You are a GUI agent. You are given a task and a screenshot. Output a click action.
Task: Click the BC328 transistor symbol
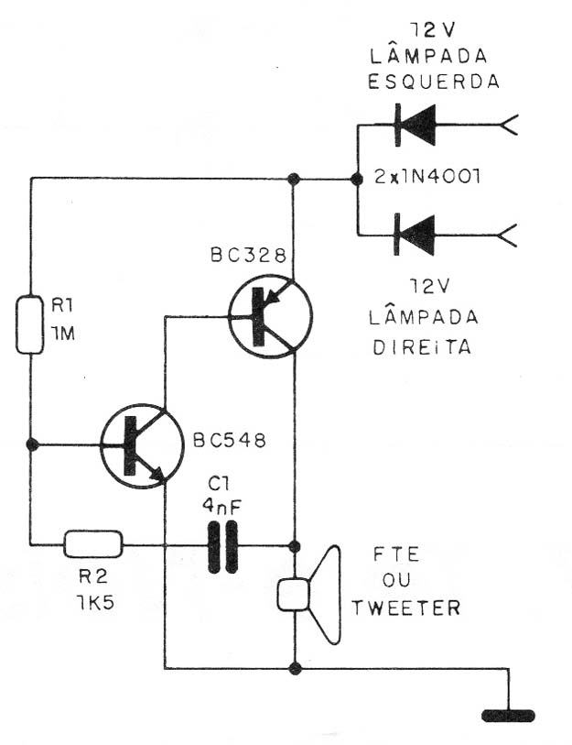[x=270, y=316]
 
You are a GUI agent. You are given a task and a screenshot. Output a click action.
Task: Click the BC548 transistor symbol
[x=142, y=445]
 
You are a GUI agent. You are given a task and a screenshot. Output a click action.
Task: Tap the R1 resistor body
[x=30, y=324]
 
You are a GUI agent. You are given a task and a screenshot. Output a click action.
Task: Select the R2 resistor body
[x=93, y=544]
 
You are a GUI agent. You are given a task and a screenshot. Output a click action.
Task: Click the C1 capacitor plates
[x=222, y=546]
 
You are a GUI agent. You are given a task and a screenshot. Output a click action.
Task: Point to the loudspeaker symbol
[x=309, y=595]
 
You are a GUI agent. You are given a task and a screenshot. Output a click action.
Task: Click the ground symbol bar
[x=508, y=716]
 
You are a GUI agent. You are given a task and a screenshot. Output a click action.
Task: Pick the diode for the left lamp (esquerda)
[x=415, y=125]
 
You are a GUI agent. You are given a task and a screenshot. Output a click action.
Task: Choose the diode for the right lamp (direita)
[x=415, y=235]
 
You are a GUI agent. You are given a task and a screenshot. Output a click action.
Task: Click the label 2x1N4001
[x=427, y=177]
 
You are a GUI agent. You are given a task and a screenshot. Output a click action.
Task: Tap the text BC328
[x=248, y=256]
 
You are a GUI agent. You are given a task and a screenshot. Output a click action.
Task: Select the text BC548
[x=230, y=441]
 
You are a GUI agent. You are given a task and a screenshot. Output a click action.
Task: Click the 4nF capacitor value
[x=221, y=506]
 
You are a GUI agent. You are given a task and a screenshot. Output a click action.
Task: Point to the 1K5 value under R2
[x=95, y=603]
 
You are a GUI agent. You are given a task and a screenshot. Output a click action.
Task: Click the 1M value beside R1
[x=63, y=334]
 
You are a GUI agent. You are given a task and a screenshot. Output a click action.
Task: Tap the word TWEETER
[x=405, y=608]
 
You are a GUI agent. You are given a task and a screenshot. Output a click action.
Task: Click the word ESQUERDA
[x=434, y=82]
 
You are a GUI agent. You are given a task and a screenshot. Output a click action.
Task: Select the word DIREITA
[x=422, y=348]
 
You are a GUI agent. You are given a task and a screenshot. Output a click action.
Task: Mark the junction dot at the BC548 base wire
[x=32, y=445]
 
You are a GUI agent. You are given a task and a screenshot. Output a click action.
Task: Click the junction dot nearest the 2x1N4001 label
[x=355, y=179]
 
